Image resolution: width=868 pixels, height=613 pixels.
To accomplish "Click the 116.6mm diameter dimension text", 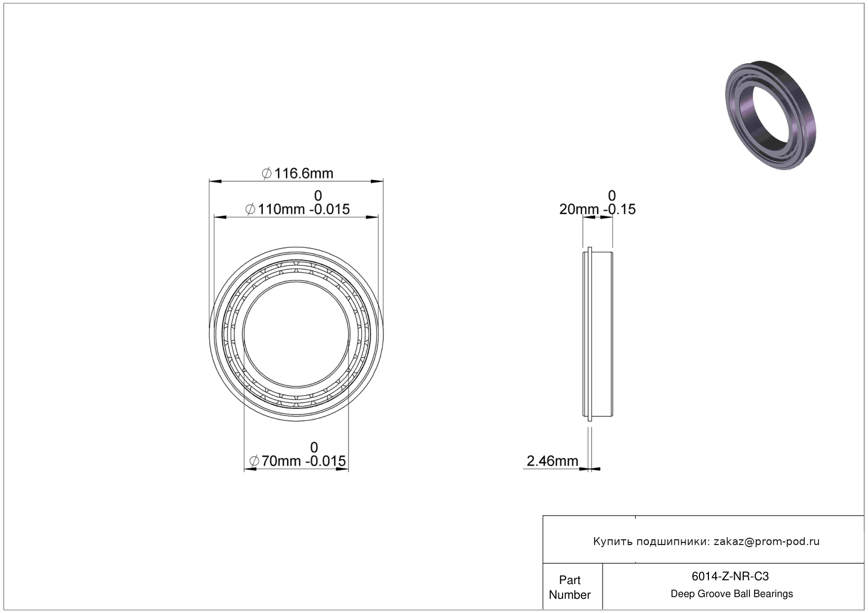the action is click(303, 173).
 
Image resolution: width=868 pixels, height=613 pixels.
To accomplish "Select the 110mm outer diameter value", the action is click(281, 209).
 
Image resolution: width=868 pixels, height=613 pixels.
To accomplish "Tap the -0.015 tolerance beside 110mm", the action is click(329, 209).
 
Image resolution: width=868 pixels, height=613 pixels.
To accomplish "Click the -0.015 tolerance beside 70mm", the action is click(325, 461).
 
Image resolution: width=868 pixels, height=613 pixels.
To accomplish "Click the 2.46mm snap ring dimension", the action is click(552, 461).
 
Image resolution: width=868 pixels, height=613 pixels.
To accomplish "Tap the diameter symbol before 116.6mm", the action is click(267, 173).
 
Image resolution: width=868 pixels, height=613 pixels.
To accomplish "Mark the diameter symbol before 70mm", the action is click(254, 461).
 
